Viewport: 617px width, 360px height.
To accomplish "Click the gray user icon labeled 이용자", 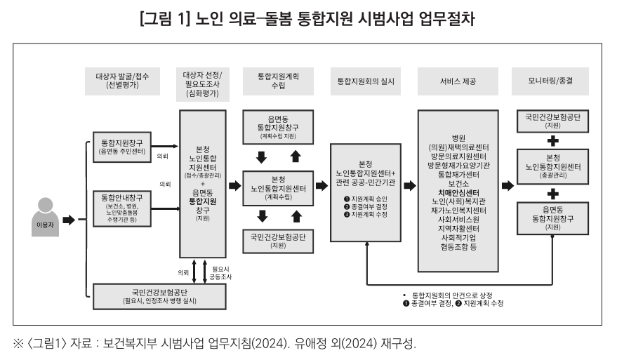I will (44, 214).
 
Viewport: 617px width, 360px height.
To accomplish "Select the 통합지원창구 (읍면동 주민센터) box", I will (123, 147).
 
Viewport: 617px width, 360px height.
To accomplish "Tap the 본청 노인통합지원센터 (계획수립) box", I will (279, 187).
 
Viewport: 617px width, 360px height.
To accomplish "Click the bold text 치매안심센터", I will (458, 192).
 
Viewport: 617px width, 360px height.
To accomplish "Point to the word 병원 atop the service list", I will (458, 137).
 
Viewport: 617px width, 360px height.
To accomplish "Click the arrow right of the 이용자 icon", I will (68, 220).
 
